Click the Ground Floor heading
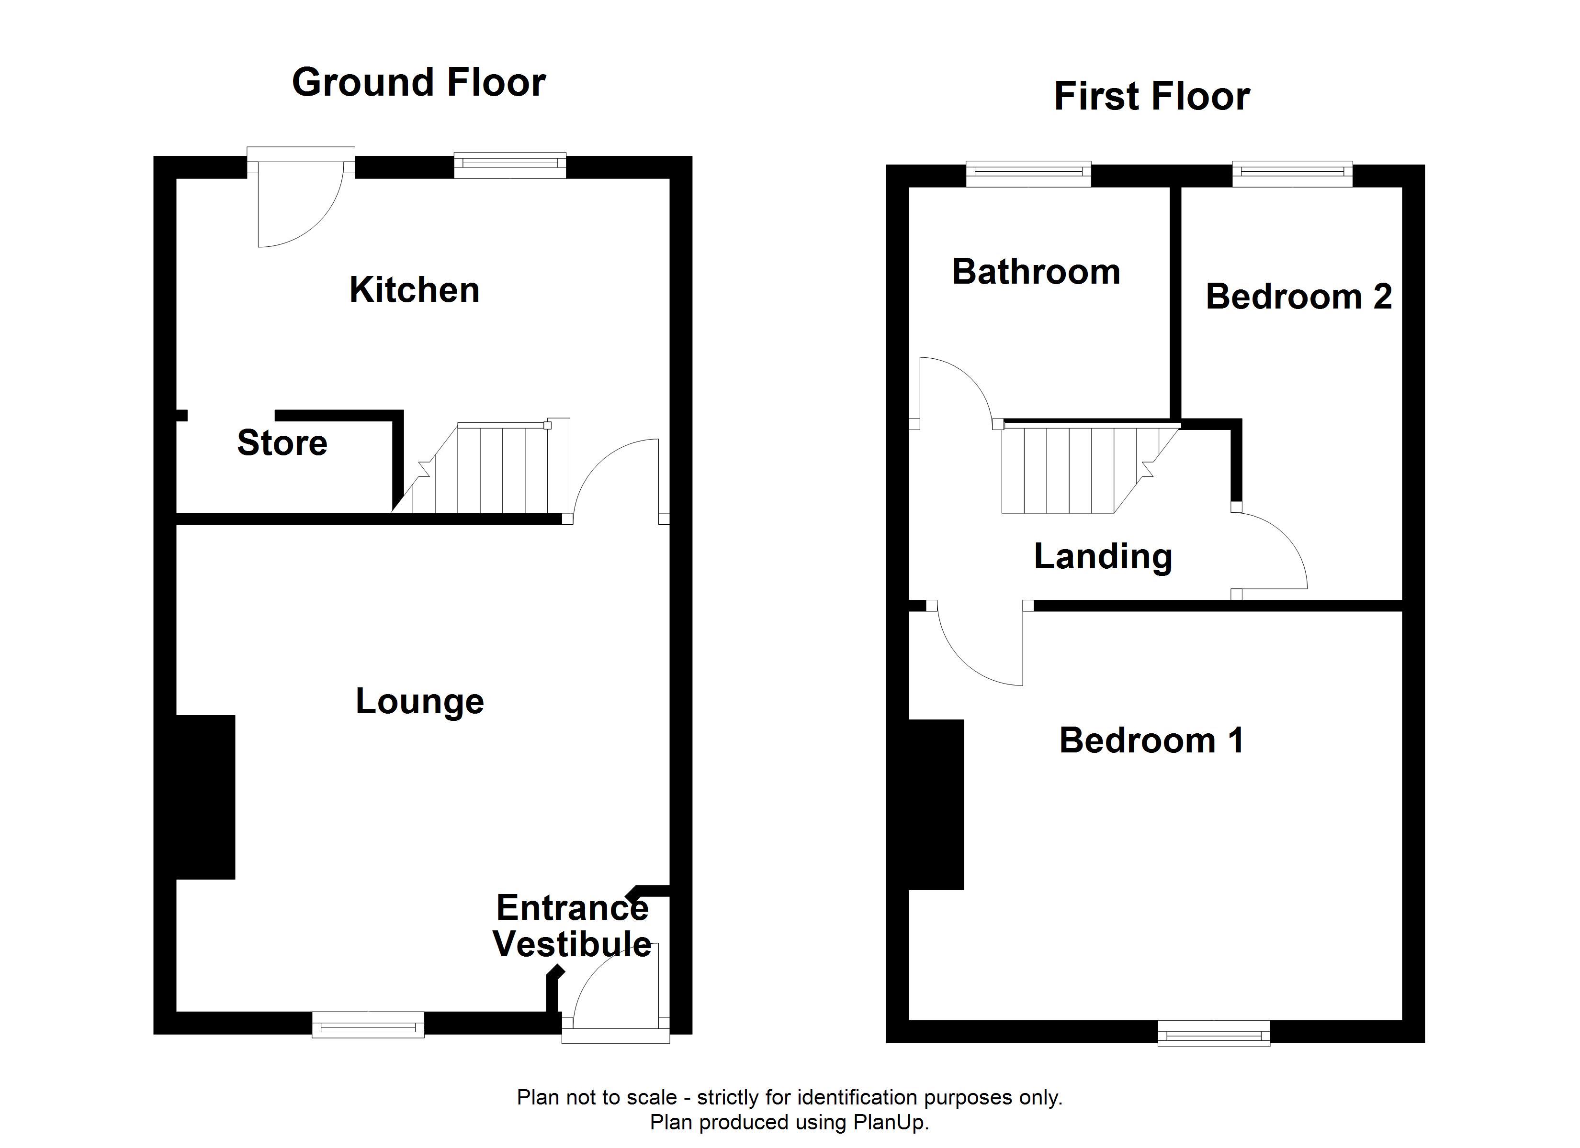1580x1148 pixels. (x=418, y=83)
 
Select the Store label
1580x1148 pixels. (x=282, y=443)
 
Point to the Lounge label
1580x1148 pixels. (x=419, y=702)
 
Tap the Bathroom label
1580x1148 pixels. (x=1036, y=272)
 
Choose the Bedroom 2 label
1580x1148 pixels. (x=1298, y=297)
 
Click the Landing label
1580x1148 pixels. (x=1103, y=557)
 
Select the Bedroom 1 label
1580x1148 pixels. (x=1151, y=740)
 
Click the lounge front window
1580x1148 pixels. (x=368, y=1025)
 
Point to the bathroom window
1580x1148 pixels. (x=1028, y=174)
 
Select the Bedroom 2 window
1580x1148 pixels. (x=1292, y=174)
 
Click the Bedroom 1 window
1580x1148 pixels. (x=1214, y=1033)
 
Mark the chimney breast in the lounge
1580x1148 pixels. (x=205, y=797)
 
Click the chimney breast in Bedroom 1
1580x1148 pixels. (x=937, y=805)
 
